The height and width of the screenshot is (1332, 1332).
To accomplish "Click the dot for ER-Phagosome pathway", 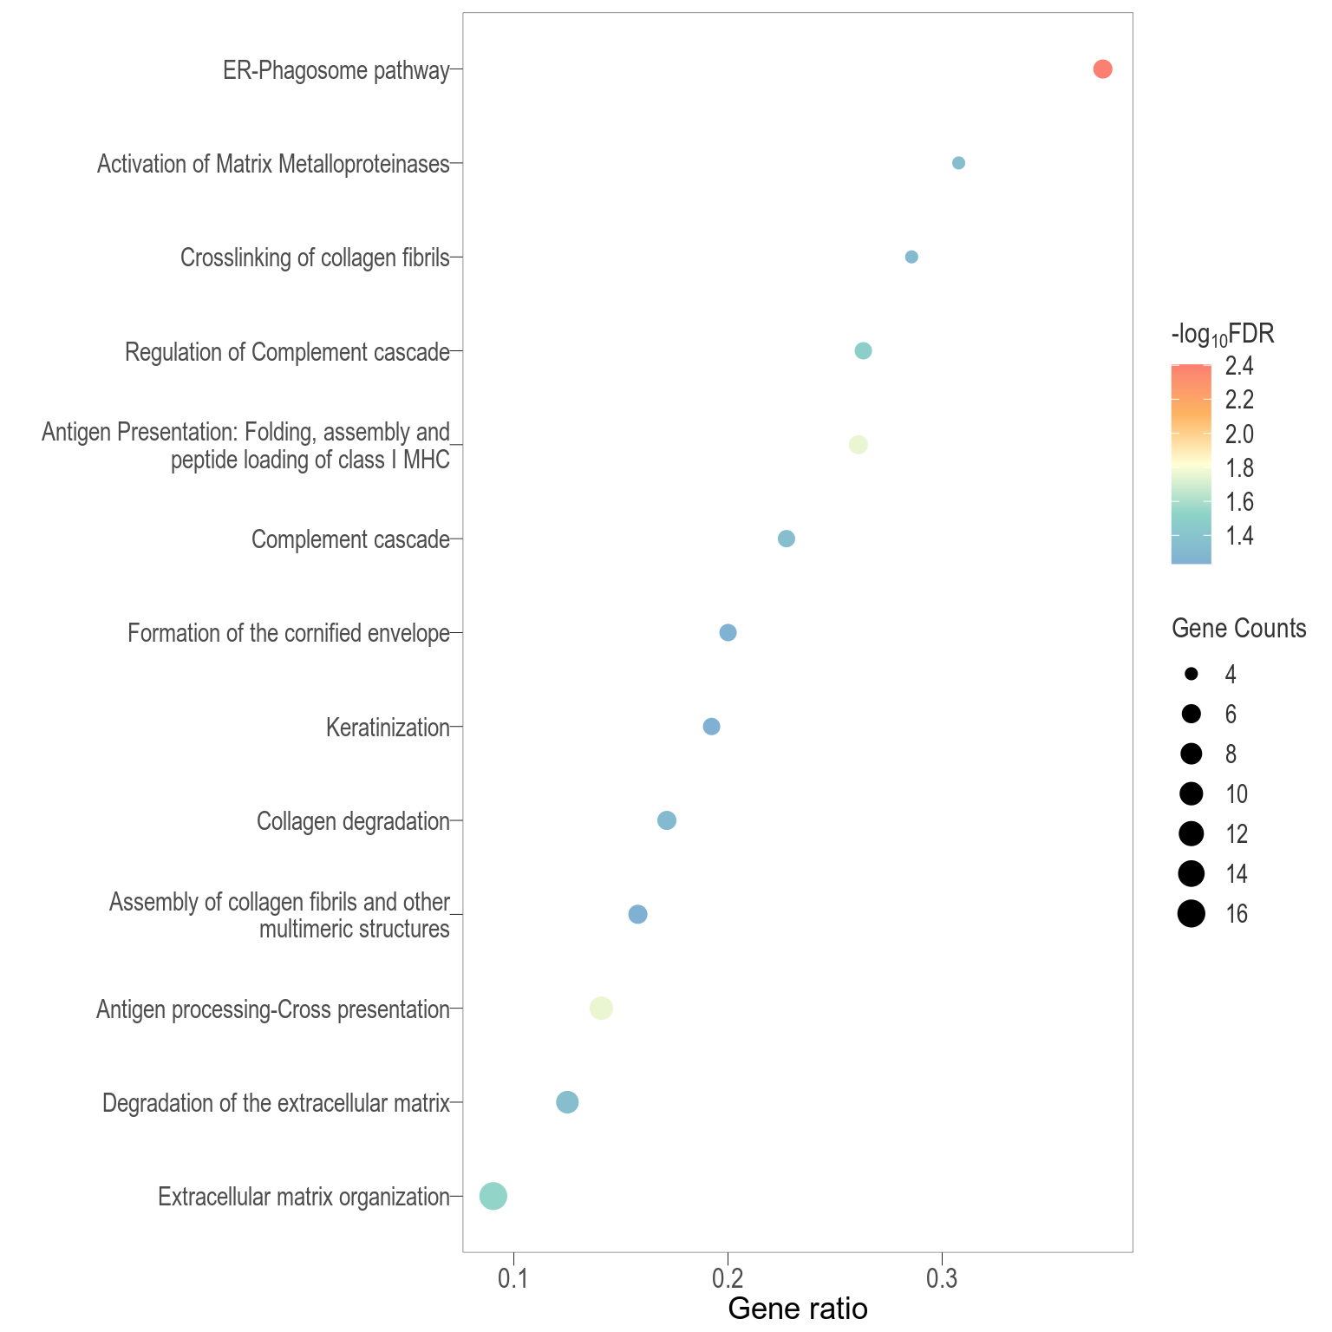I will point(1102,69).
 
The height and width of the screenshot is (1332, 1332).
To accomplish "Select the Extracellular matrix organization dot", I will point(493,1196).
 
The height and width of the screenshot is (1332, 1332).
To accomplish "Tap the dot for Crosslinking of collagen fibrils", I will point(911,257).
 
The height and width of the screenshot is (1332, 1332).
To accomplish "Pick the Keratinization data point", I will point(711,727).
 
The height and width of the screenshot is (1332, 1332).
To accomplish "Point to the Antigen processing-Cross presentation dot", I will point(601,1008).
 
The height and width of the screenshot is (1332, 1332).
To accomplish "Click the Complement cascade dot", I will point(787,539).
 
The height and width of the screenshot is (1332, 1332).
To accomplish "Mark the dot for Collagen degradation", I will point(667,820).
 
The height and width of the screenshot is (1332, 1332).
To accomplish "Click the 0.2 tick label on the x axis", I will point(728,1279).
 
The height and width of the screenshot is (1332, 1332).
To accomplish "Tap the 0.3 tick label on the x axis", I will point(941,1279).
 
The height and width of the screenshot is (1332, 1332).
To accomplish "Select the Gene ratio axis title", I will point(797,1309).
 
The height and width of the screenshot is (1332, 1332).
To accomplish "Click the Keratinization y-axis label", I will point(388,728).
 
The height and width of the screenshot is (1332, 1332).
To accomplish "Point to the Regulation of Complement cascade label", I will point(287,352).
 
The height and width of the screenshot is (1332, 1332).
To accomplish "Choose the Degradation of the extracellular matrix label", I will point(276,1103).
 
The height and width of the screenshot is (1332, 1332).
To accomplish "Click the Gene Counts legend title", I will point(1238,629).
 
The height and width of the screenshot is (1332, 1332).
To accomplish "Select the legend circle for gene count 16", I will point(1192,913).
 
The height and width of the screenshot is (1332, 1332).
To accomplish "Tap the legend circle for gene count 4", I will point(1192,674).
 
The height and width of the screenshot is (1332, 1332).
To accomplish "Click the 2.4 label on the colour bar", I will point(1239,367).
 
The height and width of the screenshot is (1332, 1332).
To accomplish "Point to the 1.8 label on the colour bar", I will point(1239,468).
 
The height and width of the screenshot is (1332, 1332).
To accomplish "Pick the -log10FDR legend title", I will point(1222,336).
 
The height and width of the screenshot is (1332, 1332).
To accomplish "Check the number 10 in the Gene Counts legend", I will point(1237,793).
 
